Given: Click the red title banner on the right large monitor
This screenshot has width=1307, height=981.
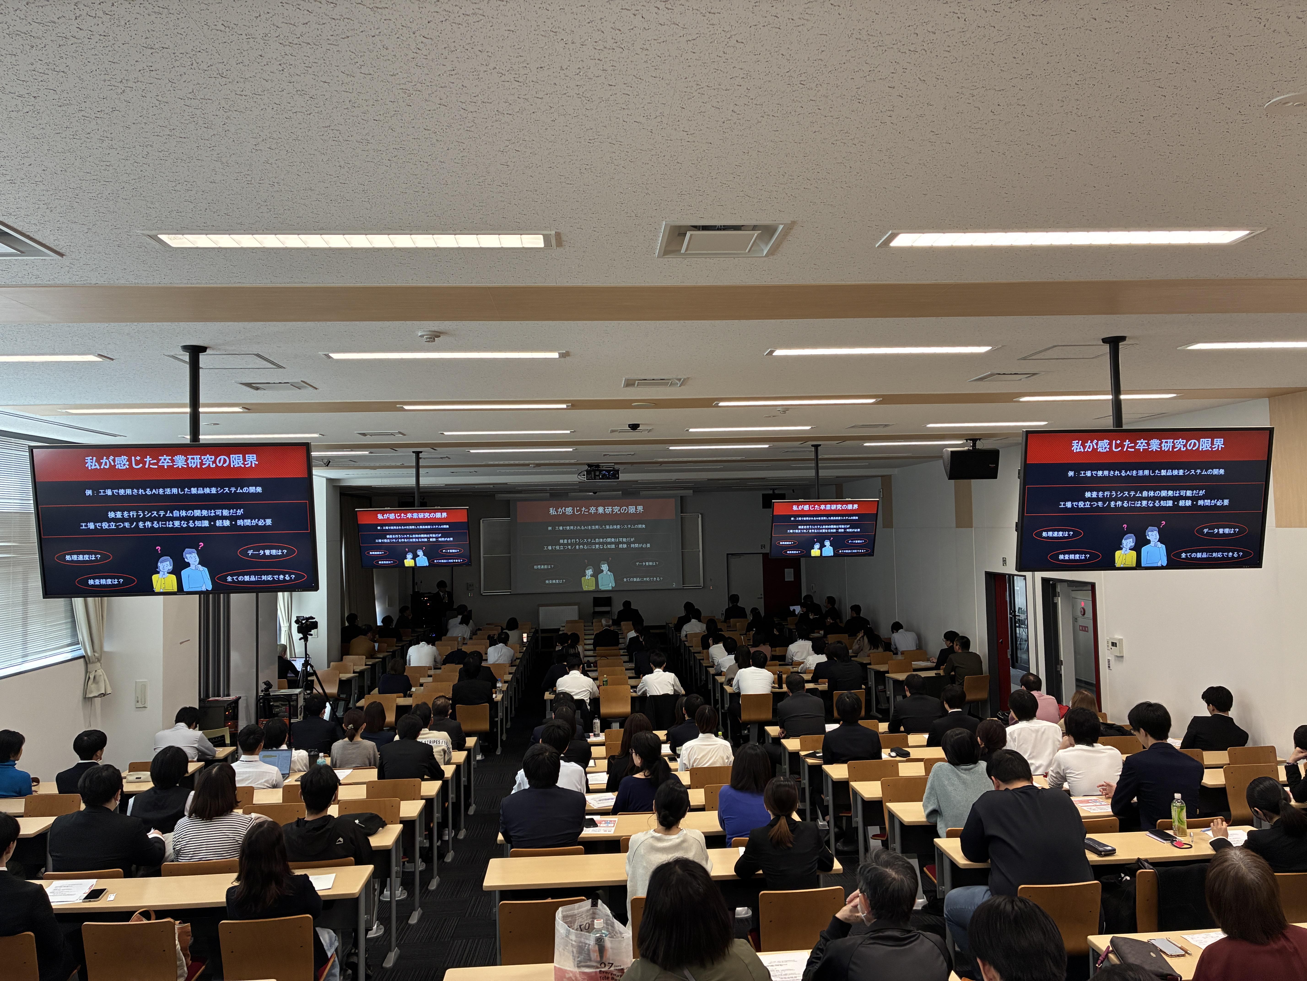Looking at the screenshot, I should pyautogui.click(x=1148, y=445).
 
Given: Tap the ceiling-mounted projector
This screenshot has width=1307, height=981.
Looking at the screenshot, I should pyautogui.click(x=602, y=473).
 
